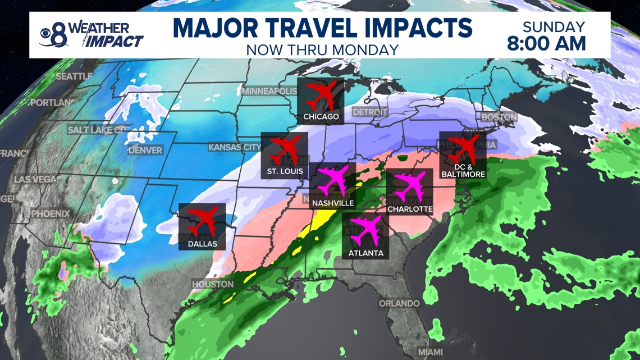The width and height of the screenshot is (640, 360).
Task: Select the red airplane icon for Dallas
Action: tap(202, 221)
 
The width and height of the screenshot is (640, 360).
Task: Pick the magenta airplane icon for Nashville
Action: tap(332, 181)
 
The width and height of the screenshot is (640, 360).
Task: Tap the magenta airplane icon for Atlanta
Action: tap(366, 231)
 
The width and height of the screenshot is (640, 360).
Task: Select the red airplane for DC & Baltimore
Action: tap(463, 149)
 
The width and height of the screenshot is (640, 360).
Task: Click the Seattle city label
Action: tap(74, 76)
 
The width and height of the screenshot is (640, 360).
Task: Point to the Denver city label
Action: tap(145, 151)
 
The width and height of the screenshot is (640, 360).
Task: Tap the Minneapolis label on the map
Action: tap(269, 91)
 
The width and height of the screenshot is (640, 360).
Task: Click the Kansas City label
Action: tap(235, 147)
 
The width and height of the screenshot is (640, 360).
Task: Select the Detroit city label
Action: tap(370, 112)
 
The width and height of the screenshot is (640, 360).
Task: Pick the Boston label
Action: tap(499, 117)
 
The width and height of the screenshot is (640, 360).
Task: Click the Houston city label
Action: tap(213, 284)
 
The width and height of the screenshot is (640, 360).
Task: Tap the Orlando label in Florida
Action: tap(399, 303)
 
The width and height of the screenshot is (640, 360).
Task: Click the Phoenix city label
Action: tap(51, 214)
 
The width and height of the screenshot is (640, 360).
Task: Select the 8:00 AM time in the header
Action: tap(546, 43)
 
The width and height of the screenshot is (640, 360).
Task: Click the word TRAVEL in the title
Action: tap(322, 28)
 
